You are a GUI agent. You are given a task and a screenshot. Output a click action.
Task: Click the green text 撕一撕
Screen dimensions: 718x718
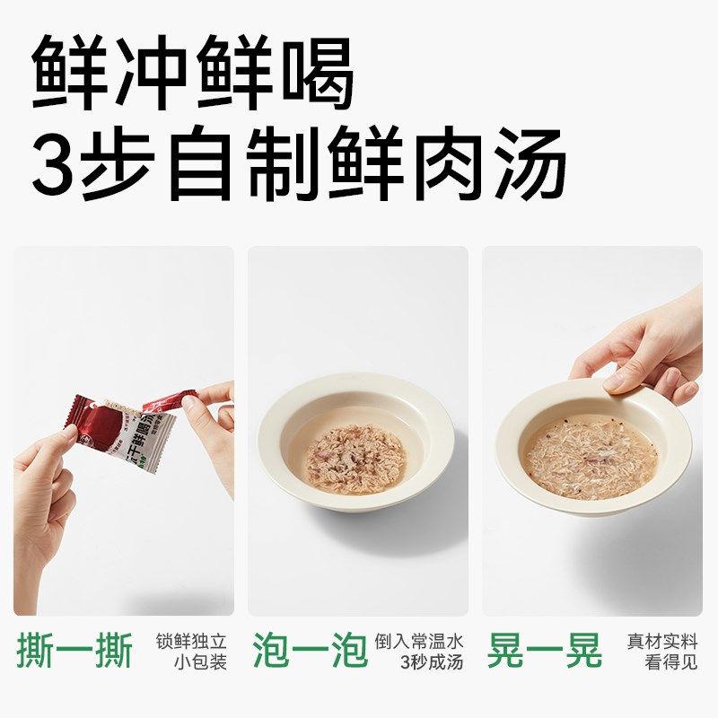click(x=74, y=651)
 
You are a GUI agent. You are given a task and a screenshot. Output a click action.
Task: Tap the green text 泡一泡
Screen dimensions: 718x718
click(x=310, y=651)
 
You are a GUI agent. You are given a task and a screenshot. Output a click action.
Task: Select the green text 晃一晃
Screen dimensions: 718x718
click(x=545, y=651)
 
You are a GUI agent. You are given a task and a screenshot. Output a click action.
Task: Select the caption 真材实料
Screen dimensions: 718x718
click(x=662, y=642)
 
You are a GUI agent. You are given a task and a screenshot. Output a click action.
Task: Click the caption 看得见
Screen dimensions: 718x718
click(x=671, y=663)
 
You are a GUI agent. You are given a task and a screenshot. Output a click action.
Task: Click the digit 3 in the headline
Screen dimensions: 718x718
click(x=54, y=164)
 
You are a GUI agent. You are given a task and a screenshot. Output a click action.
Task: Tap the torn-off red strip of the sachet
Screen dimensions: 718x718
click(x=171, y=400)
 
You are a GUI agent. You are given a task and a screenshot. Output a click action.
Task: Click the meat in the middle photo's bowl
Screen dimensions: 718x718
click(x=356, y=458)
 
